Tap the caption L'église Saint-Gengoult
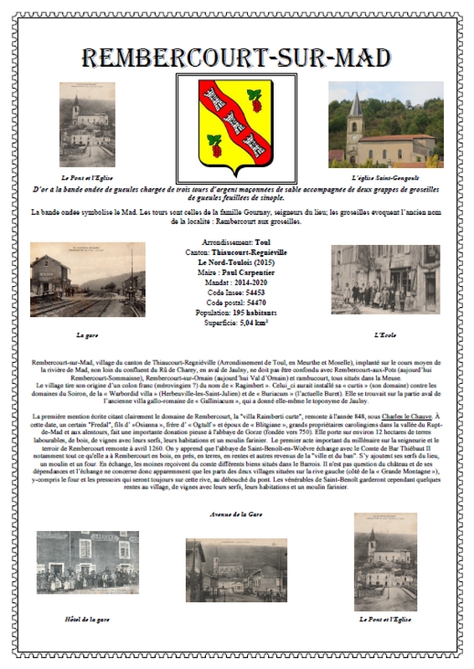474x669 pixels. click(385, 179)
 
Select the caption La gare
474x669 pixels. click(87, 334)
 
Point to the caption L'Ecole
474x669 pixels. click(385, 334)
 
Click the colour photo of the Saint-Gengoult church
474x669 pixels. click(385, 125)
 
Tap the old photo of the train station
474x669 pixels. click(87, 279)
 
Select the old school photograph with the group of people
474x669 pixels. click(385, 279)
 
